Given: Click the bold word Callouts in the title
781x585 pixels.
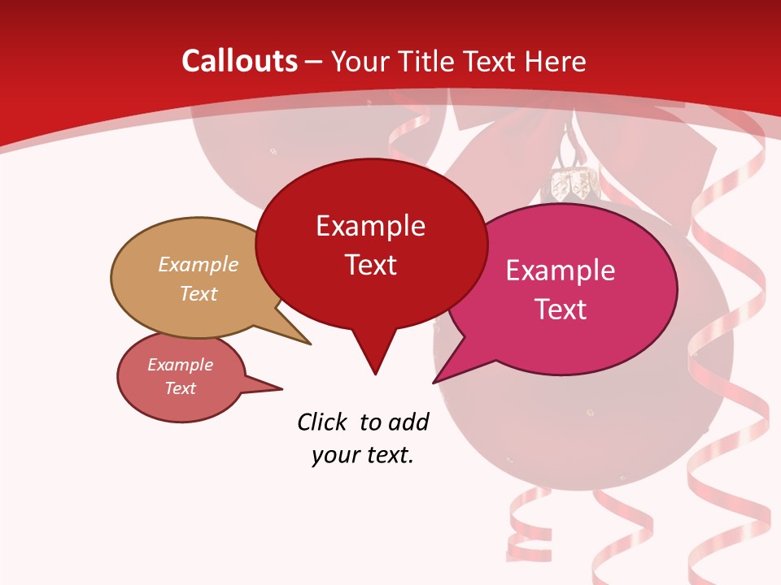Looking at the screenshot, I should pyautogui.click(x=240, y=62).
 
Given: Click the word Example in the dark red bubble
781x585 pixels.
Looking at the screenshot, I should pyautogui.click(x=370, y=226).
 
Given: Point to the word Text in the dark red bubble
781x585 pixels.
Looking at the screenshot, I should pyautogui.click(x=370, y=265).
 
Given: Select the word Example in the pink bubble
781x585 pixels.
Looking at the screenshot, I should pyautogui.click(x=561, y=271).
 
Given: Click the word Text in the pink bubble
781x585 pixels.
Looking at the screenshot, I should pyautogui.click(x=561, y=310).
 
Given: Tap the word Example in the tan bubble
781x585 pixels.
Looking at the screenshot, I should pyautogui.click(x=199, y=265).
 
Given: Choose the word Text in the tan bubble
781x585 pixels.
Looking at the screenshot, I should pyautogui.click(x=199, y=293).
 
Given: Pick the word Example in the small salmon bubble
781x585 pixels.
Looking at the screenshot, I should pyautogui.click(x=180, y=365).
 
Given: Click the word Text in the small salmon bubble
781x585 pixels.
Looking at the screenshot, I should pyautogui.click(x=180, y=388).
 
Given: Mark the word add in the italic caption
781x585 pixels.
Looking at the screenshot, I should pyautogui.click(x=408, y=422).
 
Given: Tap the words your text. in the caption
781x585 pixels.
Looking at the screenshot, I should pyautogui.click(x=362, y=455).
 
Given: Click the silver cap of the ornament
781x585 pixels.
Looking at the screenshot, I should pyautogui.click(x=571, y=185).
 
